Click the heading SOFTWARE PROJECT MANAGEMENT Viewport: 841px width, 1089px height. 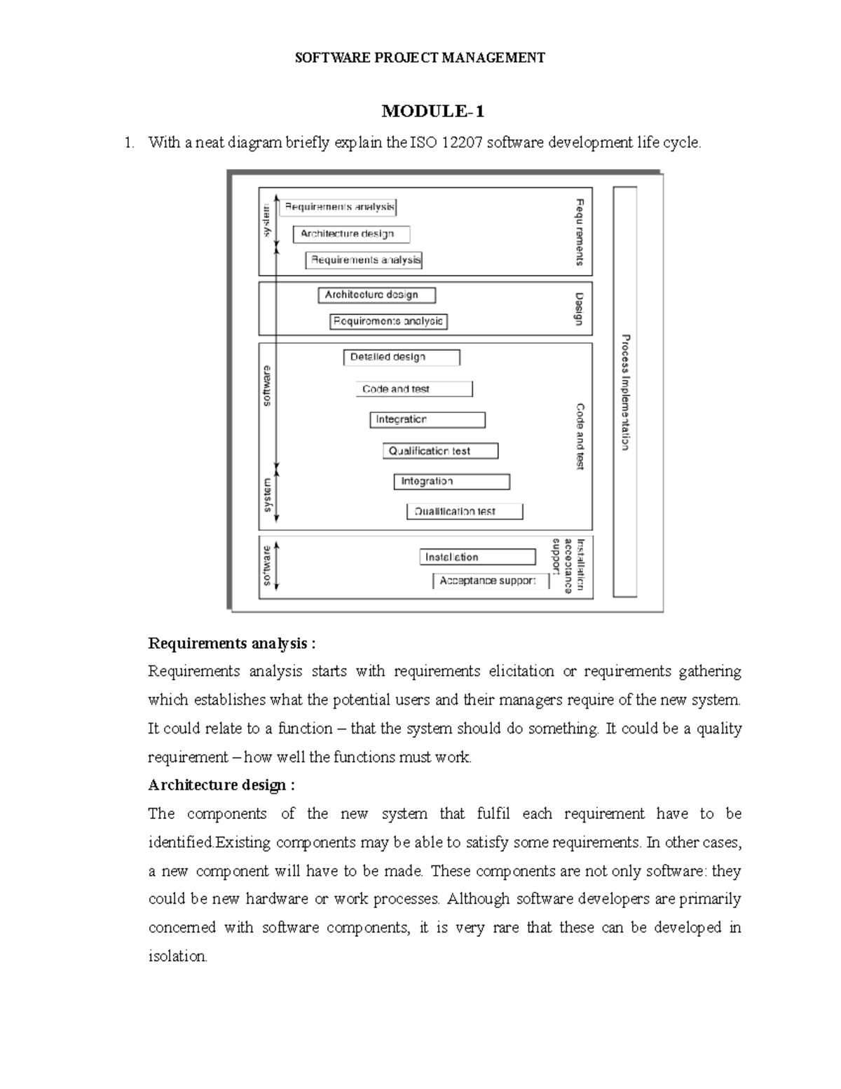click(x=419, y=58)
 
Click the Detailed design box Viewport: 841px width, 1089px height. click(x=402, y=357)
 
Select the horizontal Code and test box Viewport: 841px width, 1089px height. click(x=413, y=389)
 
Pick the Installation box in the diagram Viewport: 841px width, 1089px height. click(x=477, y=557)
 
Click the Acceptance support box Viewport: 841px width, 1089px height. click(x=490, y=581)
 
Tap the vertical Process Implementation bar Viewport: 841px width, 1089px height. click(x=625, y=391)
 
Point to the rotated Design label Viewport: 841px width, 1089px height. click(x=579, y=309)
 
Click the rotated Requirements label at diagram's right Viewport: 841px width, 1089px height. click(x=579, y=231)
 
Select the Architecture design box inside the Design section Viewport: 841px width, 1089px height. click(x=376, y=295)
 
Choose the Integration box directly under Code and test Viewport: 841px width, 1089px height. click(x=427, y=419)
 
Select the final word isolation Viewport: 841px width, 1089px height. click(x=177, y=956)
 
